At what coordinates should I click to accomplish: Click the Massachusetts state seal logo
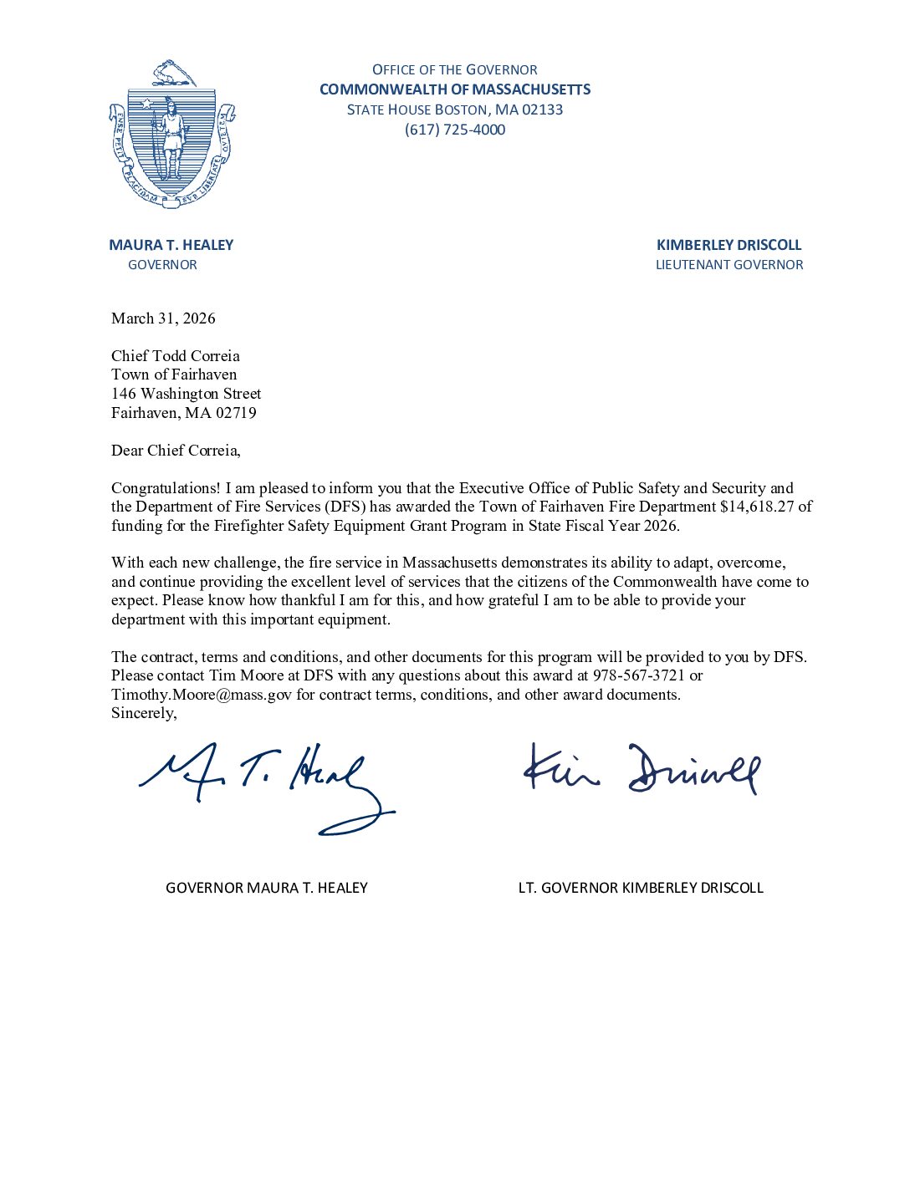171,134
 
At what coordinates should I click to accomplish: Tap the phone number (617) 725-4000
455,130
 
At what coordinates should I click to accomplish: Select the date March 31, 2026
163,318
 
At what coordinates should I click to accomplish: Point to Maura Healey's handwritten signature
266,786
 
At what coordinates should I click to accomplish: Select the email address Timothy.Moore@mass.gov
202,695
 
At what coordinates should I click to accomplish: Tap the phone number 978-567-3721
639,675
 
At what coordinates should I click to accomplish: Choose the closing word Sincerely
144,713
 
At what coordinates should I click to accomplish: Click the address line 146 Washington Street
186,394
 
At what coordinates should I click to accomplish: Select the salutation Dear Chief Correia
176,451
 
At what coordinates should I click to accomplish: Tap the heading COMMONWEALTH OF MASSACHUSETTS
455,89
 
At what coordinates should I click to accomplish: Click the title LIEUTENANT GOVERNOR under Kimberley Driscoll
729,265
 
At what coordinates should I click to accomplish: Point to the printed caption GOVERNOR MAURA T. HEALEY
267,888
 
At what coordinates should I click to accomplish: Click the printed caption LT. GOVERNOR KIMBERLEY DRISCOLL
641,888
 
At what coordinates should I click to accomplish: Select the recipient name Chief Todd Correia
176,356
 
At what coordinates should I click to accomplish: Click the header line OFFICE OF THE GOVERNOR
455,69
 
